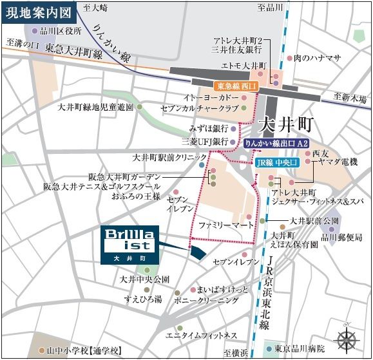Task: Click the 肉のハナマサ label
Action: click(316, 58)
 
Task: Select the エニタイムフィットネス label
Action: click(202, 336)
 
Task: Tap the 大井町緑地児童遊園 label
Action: click(95, 107)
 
